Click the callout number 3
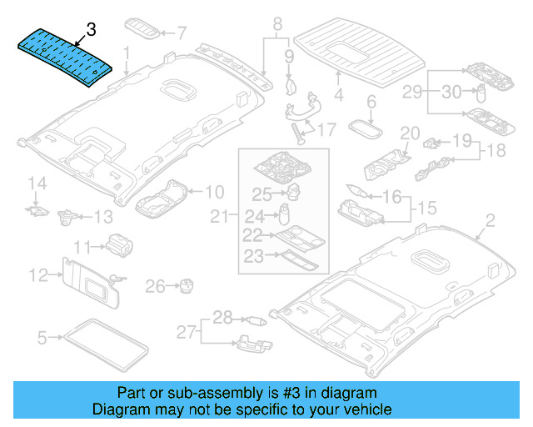pyautogui.click(x=92, y=30)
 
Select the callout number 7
pyautogui.click(x=182, y=34)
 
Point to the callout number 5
pyautogui.click(x=42, y=338)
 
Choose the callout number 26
pyautogui.click(x=156, y=287)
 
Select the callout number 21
pyautogui.click(x=218, y=218)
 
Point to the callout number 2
pyautogui.click(x=490, y=221)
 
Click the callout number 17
pyautogui.click(x=326, y=129)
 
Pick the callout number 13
pyautogui.click(x=102, y=217)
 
